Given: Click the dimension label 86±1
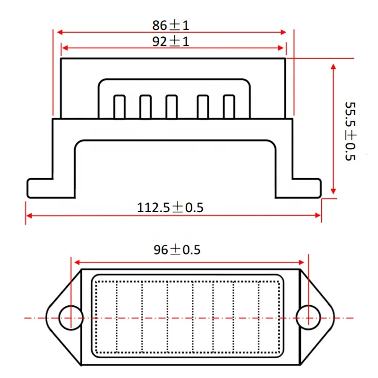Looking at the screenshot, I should coord(171,25).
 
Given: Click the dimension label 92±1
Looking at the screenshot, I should coord(171,42).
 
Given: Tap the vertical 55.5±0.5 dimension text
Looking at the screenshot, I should coord(350,131).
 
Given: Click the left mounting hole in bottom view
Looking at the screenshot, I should coord(71,316).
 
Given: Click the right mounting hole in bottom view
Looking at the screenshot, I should coord(308,316).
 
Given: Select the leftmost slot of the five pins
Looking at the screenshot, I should coord(120,106).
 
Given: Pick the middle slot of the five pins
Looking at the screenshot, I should coord(172,106).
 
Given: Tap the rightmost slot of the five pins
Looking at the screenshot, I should coord(229,106).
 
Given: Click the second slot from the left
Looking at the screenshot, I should coord(146,106).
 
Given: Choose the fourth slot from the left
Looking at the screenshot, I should coord(203,106).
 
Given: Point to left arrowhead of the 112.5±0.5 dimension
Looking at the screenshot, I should coord(28,215).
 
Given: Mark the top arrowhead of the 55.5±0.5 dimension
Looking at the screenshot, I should coord(334,67).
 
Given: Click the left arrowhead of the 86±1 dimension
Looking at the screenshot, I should coord(60,32).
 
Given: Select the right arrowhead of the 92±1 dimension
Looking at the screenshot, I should coord(282,48).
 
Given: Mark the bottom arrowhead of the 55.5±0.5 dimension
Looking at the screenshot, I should coord(334,191).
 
